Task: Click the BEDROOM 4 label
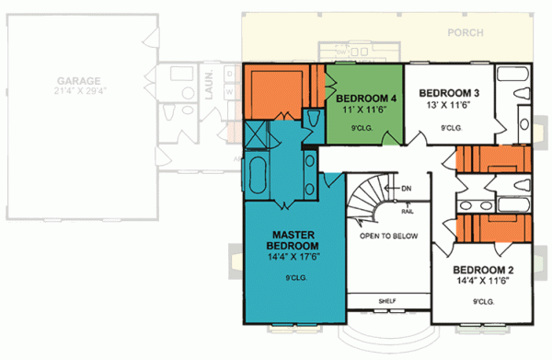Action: click(367, 99)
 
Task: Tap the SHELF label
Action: click(387, 301)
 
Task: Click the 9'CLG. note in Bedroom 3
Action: click(451, 128)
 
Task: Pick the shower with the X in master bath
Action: click(257, 138)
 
